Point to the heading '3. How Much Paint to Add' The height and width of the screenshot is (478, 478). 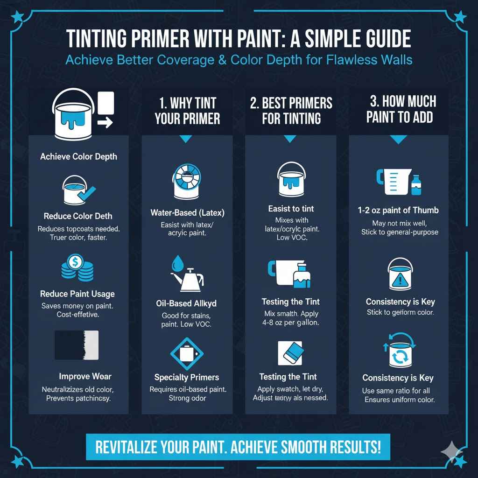(400, 109)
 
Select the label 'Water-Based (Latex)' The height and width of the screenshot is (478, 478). (187, 213)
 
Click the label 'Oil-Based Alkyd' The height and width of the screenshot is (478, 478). (186, 303)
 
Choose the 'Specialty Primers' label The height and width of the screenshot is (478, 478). (187, 377)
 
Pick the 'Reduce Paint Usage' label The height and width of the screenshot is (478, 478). (77, 294)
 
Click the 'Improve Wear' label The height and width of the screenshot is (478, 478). (85, 376)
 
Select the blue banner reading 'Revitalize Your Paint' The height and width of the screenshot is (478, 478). (238, 448)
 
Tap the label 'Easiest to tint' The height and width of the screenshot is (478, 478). (291, 209)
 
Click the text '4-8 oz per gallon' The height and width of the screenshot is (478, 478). (291, 323)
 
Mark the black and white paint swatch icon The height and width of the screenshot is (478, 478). (77, 345)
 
